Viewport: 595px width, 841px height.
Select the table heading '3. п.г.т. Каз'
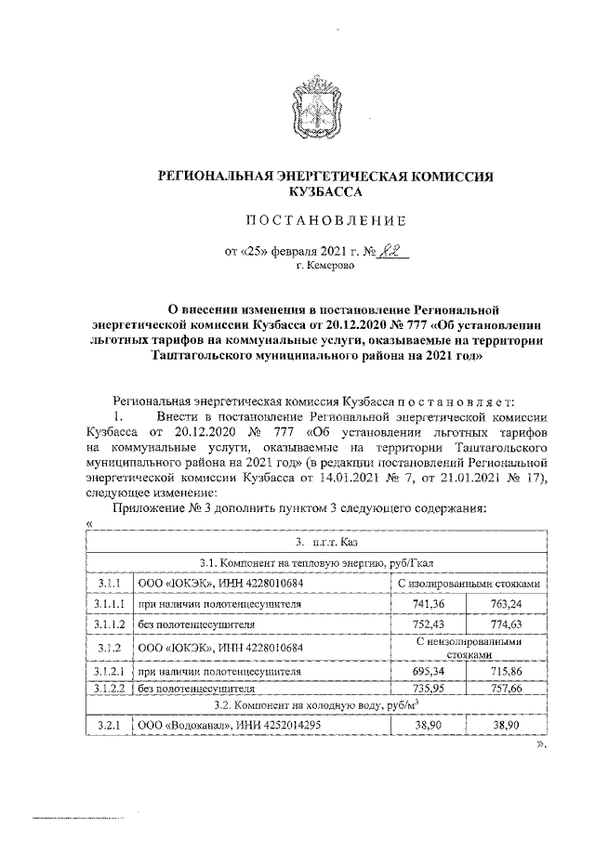pyautogui.click(x=320, y=541)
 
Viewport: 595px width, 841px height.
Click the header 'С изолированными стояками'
pyautogui.click(x=469, y=583)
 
